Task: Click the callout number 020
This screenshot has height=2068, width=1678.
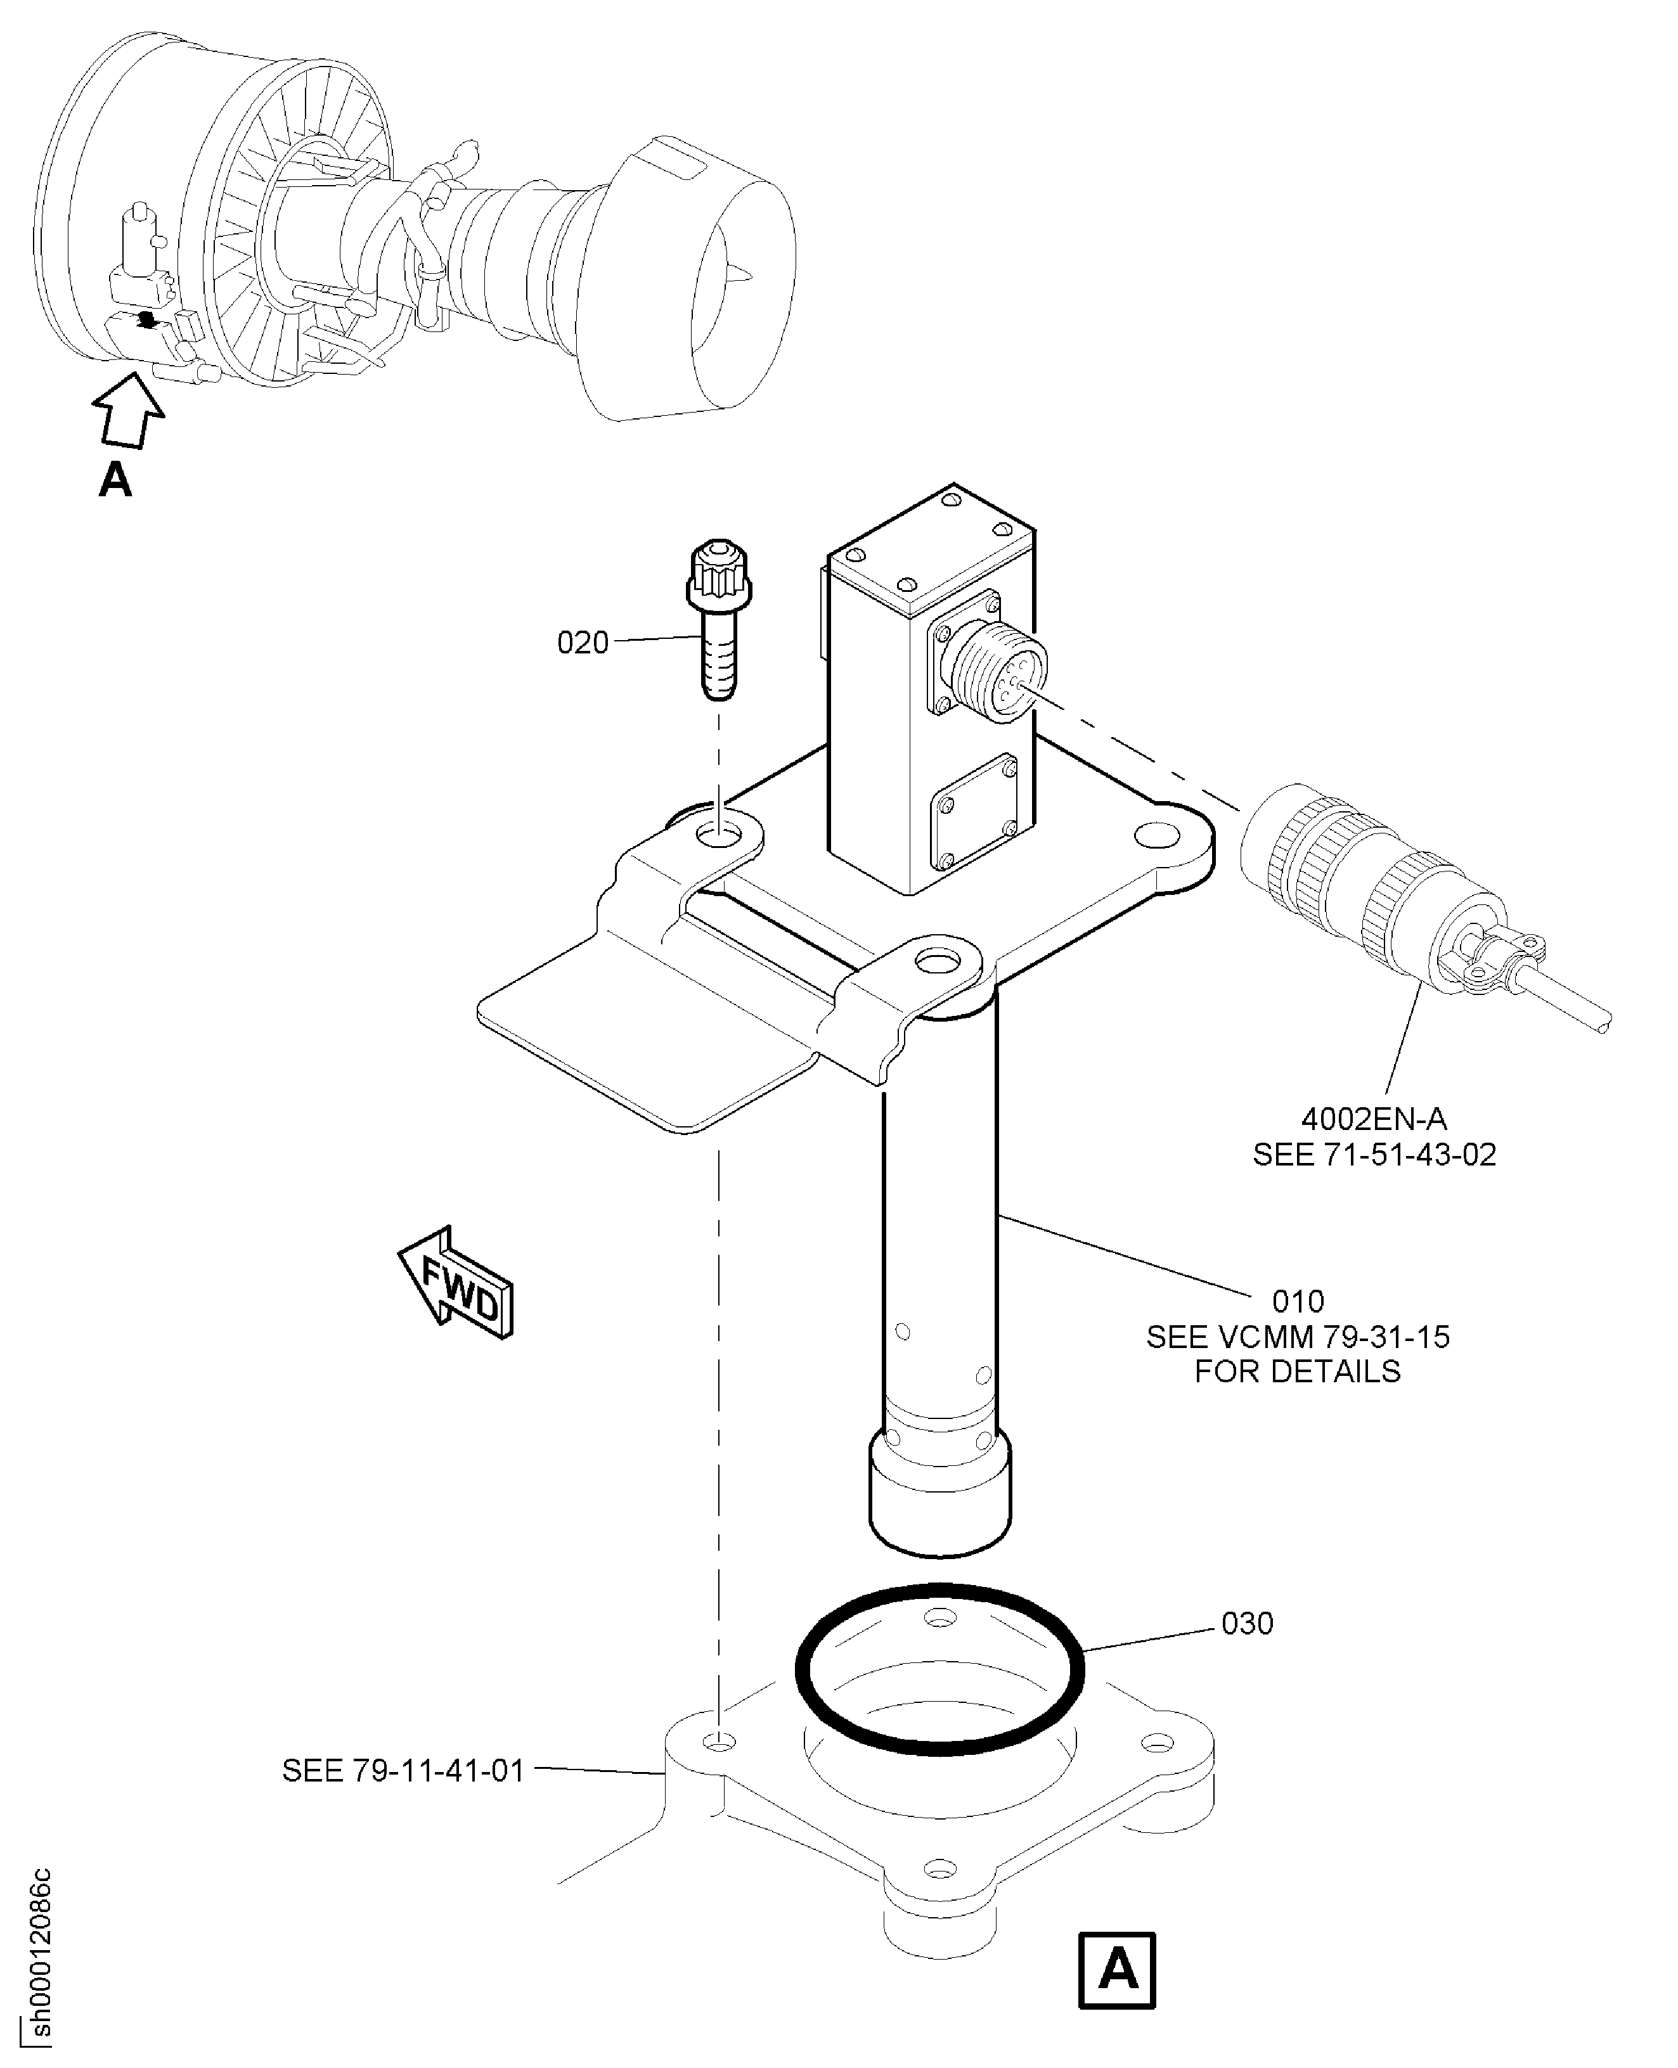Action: tap(583, 643)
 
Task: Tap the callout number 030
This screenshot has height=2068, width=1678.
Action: tap(1247, 1624)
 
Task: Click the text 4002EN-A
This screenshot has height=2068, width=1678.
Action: tap(1374, 1119)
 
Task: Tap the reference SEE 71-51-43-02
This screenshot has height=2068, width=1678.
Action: tap(1374, 1155)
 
